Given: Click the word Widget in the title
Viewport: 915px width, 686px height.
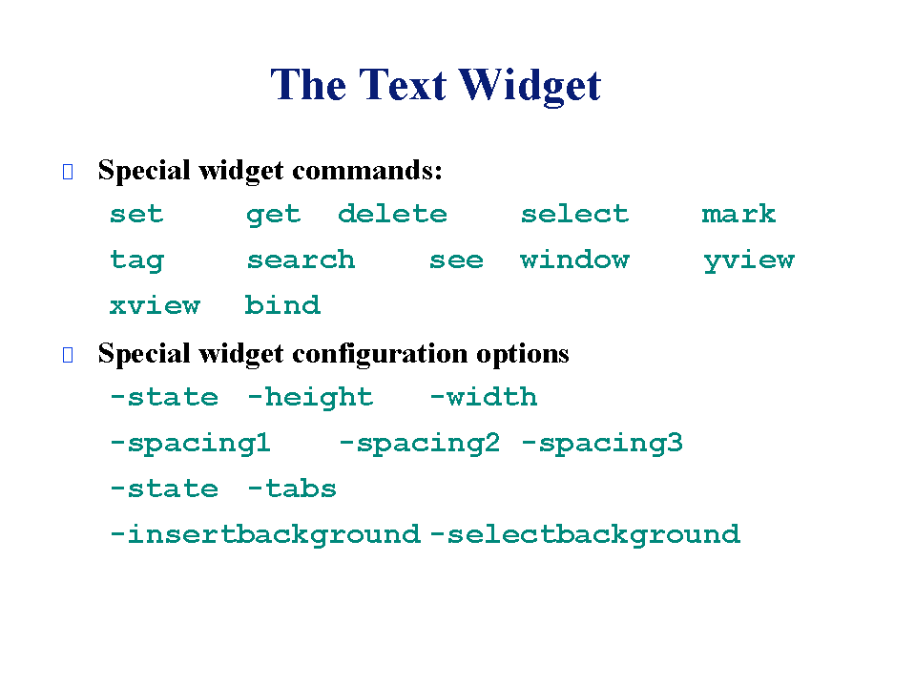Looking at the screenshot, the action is click(530, 86).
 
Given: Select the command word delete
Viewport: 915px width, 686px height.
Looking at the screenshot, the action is click(392, 214).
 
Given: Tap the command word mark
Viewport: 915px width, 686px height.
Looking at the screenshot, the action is click(738, 214).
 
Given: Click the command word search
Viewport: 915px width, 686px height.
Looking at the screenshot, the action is click(301, 260).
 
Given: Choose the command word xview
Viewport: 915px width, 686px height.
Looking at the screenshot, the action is click(155, 305).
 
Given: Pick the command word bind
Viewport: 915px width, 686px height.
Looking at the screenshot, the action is click(282, 304).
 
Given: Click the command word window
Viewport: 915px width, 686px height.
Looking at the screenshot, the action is click(574, 260).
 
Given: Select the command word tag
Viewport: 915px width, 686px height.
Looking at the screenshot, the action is click(137, 260).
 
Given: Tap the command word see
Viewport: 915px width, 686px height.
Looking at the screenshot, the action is click(456, 260).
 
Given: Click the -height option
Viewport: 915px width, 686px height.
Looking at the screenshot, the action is click(310, 398).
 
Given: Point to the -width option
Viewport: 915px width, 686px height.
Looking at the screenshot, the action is click(484, 397).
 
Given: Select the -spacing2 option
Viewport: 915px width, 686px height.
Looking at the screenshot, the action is click(420, 444).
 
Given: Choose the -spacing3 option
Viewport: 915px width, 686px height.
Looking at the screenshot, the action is click(602, 444).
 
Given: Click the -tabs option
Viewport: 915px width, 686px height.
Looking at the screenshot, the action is click(292, 489).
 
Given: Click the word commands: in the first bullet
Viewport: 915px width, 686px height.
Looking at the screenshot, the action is click(367, 171).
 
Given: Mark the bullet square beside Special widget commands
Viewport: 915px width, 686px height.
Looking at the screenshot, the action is click(68, 172).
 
